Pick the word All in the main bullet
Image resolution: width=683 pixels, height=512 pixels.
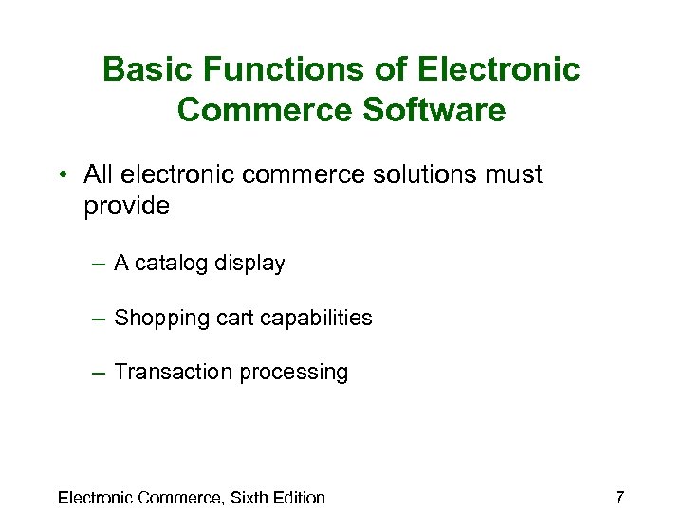coord(98,174)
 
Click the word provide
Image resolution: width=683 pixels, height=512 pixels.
coord(126,207)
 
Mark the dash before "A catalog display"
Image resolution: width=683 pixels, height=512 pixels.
coord(100,265)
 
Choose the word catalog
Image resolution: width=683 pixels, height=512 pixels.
coord(168,265)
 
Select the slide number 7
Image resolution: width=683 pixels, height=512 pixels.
coord(619,497)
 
